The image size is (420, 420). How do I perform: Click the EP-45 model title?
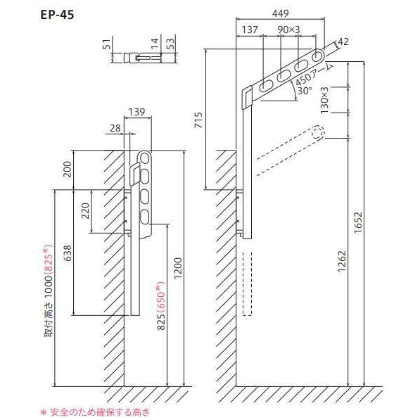point(57,15)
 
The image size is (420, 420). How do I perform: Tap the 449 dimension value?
point(281,13)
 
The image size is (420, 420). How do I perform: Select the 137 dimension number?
point(250,30)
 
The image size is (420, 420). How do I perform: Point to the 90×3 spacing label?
point(288,30)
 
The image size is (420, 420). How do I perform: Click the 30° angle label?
point(305,91)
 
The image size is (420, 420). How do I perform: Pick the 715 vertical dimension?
point(199,120)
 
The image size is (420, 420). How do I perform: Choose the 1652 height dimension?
point(357,223)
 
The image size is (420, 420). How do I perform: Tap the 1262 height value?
point(341,262)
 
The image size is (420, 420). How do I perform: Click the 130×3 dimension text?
point(324,101)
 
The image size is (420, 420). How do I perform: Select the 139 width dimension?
point(137,112)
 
